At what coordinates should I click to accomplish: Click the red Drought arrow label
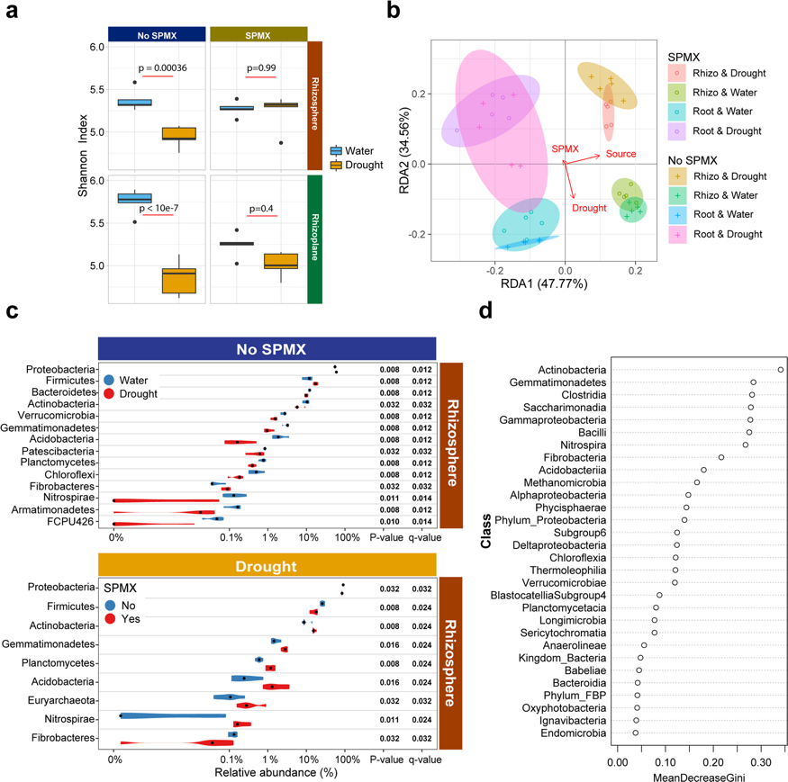pos(589,209)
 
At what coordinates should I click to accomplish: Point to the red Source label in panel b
pos(620,154)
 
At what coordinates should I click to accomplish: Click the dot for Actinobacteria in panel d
pos(780,370)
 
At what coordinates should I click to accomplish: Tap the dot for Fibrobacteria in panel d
pos(721,458)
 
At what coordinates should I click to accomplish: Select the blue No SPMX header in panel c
pos(267,348)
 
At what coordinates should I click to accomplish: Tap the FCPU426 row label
pos(73,520)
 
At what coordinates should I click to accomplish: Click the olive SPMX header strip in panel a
pos(258,33)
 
